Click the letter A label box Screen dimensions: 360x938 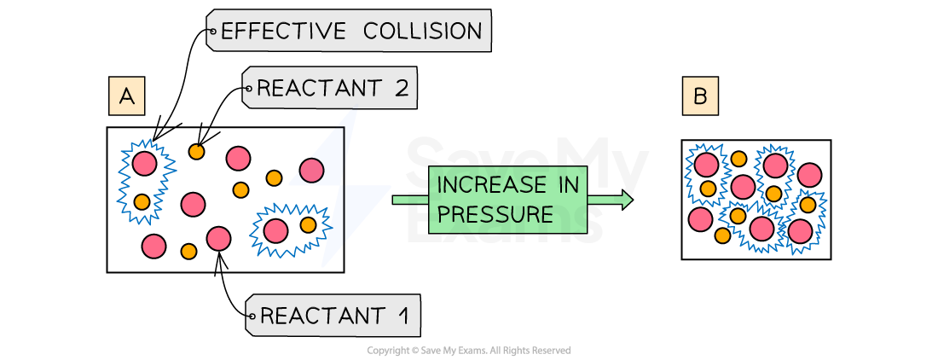(126, 96)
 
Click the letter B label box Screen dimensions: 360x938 (700, 96)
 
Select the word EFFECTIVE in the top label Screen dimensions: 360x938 (283, 32)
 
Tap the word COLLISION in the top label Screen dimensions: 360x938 (423, 32)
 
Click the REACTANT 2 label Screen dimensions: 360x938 (330, 89)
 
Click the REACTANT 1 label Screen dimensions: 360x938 (333, 316)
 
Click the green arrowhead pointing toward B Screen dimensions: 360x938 (627, 200)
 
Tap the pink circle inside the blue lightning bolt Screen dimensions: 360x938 (312, 171)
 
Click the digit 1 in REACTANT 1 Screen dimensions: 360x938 (402, 316)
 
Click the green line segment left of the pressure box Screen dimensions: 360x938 (410, 200)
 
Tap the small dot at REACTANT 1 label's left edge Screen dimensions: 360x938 (251, 317)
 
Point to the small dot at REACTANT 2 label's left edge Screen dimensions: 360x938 (248, 89)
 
